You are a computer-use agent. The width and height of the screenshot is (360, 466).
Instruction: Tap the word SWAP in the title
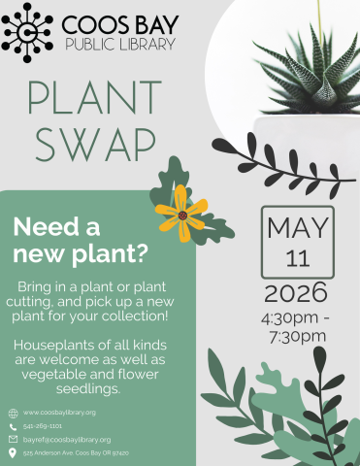[x=94, y=144]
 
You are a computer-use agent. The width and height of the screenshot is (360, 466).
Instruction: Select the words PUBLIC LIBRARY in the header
[x=120, y=45]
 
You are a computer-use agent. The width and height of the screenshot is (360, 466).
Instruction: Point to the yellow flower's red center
[x=181, y=215]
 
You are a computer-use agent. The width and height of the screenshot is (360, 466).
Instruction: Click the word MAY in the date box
[x=298, y=230]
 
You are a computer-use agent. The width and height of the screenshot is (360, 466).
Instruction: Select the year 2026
[x=297, y=292]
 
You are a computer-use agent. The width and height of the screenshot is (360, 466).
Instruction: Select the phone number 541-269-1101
[x=43, y=426]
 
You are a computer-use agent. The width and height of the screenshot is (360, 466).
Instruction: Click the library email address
[x=67, y=440]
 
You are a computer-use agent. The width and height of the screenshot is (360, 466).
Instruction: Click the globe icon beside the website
[x=13, y=413]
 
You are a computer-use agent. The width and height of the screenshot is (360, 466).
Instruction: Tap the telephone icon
[x=13, y=426]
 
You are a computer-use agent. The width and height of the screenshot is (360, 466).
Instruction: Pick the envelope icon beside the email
[x=13, y=440]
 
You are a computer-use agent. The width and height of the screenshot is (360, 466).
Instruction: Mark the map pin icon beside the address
[x=13, y=453]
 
